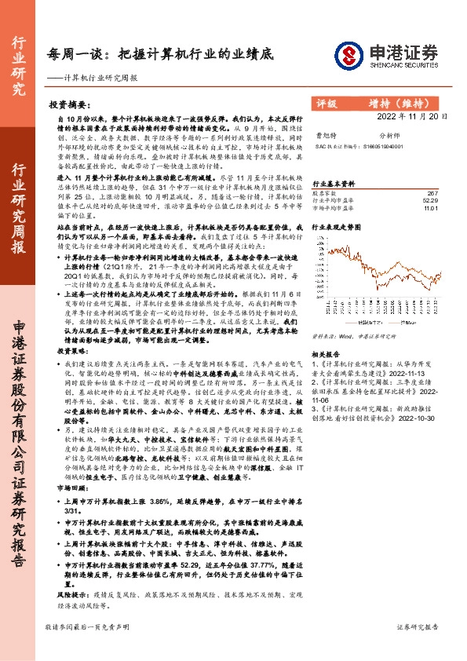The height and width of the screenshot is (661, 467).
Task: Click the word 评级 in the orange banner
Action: point(326,103)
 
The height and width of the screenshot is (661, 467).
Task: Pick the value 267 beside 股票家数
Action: point(431,192)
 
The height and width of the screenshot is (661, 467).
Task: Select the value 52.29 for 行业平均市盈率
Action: point(429,201)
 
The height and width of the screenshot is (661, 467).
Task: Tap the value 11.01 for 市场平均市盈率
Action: point(429,210)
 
